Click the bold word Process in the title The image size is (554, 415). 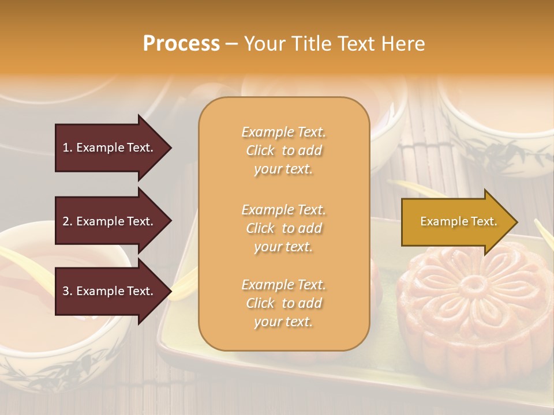[181, 44]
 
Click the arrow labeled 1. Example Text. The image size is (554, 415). [110, 148]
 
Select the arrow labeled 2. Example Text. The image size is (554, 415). [110, 221]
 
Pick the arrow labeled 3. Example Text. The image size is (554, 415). [110, 291]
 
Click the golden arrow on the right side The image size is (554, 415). [456, 222]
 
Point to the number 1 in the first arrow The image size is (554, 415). [66, 148]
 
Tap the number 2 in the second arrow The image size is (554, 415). [66, 221]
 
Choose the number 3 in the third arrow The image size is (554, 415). [66, 291]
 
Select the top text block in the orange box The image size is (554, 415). [283, 150]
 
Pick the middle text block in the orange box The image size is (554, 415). [283, 228]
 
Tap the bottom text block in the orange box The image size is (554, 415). [283, 303]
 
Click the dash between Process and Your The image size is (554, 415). [232, 44]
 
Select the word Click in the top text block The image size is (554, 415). [260, 151]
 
